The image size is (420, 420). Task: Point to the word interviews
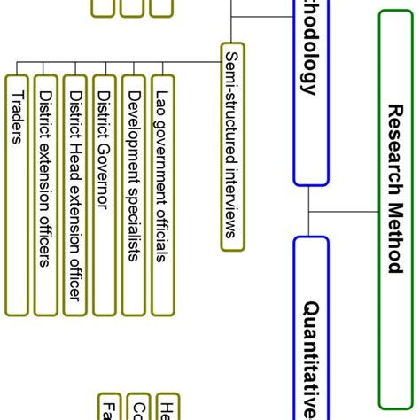[232, 200]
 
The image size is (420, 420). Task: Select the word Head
[75, 151]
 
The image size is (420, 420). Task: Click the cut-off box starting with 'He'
[167, 407]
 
